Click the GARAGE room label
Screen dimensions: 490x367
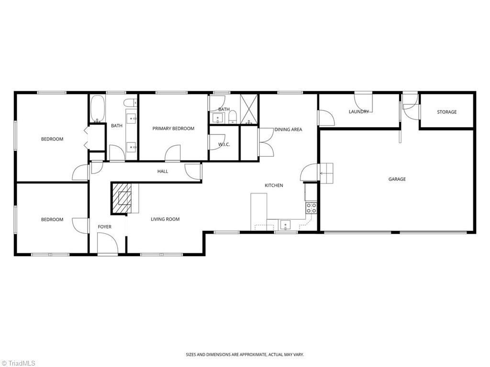[397, 179]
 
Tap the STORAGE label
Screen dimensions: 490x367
[446, 112]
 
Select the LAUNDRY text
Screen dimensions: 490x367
[359, 111]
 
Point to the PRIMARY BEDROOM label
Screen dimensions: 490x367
[173, 128]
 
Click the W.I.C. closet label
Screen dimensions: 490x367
[224, 144]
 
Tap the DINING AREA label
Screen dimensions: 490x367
[288, 129]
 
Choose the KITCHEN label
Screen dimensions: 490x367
[274, 185]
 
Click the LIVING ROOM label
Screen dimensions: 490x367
[165, 219]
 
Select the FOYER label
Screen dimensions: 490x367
[104, 227]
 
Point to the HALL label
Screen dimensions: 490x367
[163, 172]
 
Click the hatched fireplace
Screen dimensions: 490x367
[122, 198]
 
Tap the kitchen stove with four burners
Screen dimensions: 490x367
[311, 208]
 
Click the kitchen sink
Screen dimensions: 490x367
[285, 225]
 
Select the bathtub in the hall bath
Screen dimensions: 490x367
[98, 108]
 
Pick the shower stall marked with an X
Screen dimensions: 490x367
[249, 108]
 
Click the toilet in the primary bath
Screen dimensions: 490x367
[233, 117]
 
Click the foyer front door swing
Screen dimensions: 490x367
[108, 243]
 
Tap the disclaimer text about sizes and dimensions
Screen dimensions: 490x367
[245, 355]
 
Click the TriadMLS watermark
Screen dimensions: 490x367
[19, 363]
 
